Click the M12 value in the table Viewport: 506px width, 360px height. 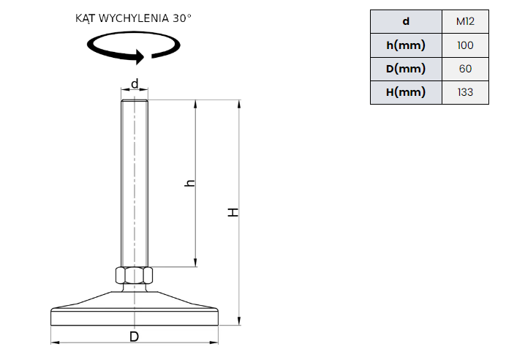tap(465, 22)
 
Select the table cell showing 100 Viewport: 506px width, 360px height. tap(465, 45)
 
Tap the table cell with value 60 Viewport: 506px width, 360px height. tap(465, 69)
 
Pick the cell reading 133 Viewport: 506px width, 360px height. tap(465, 92)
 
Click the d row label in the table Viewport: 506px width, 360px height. tap(406, 22)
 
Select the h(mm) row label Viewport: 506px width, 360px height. tap(406, 45)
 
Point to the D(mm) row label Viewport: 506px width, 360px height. tap(406, 69)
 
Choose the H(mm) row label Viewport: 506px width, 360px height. tap(406, 92)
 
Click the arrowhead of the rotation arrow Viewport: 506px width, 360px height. tap(140, 57)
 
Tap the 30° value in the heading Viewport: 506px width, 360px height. tap(182, 18)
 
